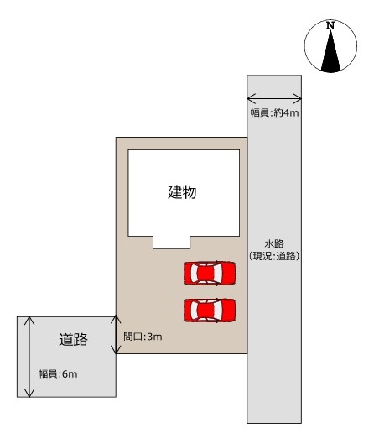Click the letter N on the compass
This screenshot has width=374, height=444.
(330, 27)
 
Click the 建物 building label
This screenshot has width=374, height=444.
(182, 191)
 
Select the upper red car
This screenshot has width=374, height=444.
(210, 274)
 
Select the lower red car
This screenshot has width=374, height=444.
(210, 310)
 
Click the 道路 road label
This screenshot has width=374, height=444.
(73, 340)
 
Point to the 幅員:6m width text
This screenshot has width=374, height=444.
(58, 373)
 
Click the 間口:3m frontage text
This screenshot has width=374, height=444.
(143, 337)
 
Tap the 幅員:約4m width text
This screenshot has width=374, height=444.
(274, 112)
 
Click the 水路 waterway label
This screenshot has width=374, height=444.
(274, 243)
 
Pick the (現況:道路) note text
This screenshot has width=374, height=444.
(274, 255)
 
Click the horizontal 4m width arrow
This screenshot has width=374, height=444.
(274, 97)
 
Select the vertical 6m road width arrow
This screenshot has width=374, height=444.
(30, 357)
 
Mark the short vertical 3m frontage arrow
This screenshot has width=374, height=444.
(117, 334)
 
